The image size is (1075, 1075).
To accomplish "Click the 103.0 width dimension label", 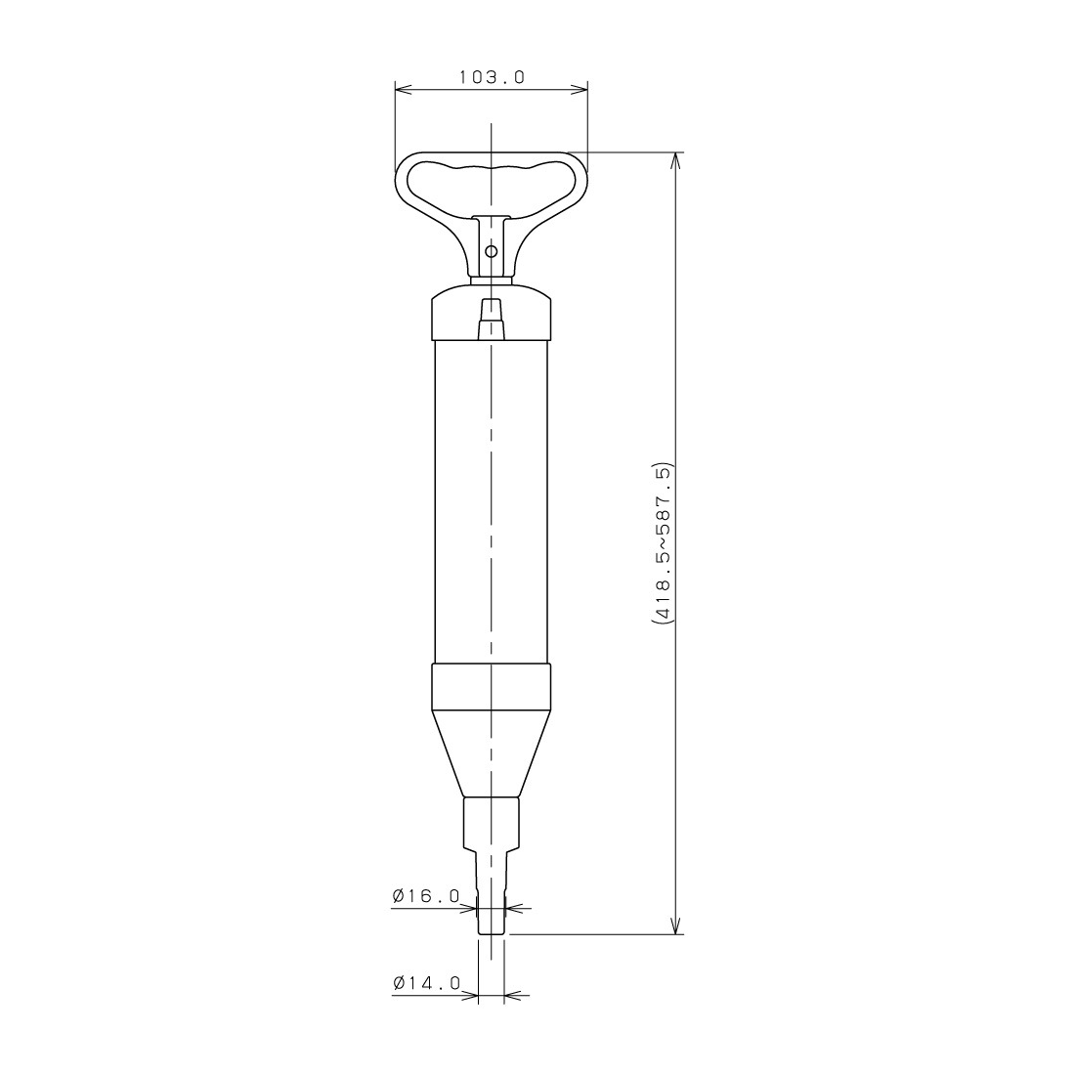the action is tap(492, 77).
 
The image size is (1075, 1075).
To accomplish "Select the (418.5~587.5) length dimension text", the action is tap(664, 543).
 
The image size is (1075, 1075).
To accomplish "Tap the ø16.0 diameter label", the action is tap(425, 896).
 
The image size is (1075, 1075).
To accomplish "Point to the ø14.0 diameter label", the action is tap(426, 984).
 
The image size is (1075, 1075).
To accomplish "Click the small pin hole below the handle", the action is tap(491, 251).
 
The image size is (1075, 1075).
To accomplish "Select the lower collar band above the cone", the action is tap(491, 689).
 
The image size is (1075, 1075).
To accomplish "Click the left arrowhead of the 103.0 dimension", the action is tap(403, 88).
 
